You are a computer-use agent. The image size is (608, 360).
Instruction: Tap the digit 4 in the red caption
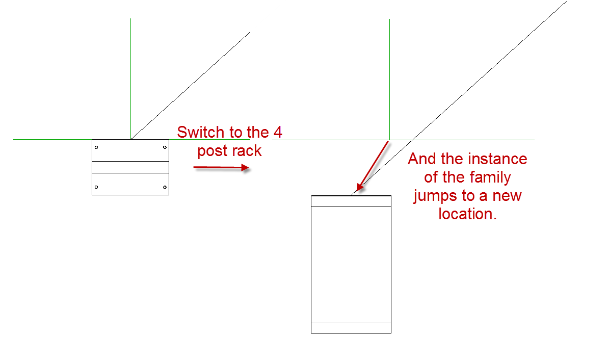coord(278,132)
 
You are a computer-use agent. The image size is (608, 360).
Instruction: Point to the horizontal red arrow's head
coord(245,168)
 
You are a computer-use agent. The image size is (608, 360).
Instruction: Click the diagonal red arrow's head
coord(360,187)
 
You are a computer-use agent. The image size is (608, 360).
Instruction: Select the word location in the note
coord(467,214)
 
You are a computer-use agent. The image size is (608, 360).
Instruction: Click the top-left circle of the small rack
coord(96,147)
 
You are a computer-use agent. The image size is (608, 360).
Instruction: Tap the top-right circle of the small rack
coord(165,147)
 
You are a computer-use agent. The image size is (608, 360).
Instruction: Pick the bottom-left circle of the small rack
coord(96,187)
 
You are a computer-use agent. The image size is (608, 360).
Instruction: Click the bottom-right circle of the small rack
coord(165,187)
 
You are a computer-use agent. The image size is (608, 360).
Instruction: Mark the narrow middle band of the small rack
coord(130,167)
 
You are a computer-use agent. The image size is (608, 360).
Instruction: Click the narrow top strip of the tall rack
coord(351,201)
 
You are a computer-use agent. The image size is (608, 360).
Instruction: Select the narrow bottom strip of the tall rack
coord(351,327)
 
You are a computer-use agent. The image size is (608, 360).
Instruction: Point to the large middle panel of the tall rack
coord(351,264)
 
